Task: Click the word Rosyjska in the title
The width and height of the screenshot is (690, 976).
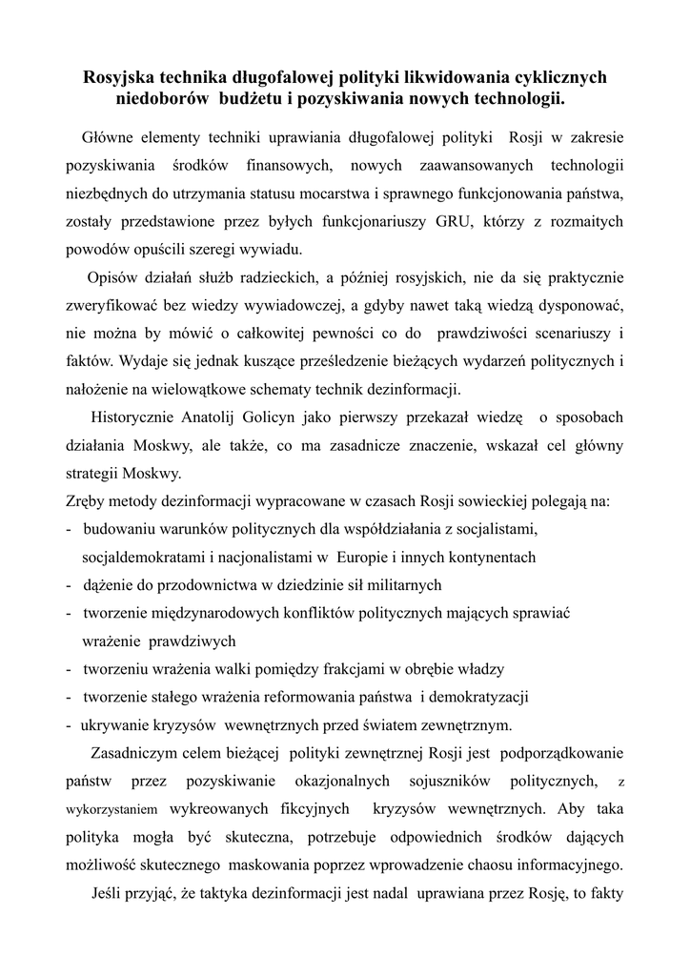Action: (122, 75)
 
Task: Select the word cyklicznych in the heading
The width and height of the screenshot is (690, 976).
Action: (555, 75)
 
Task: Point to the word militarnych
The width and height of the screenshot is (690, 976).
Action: (396, 584)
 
